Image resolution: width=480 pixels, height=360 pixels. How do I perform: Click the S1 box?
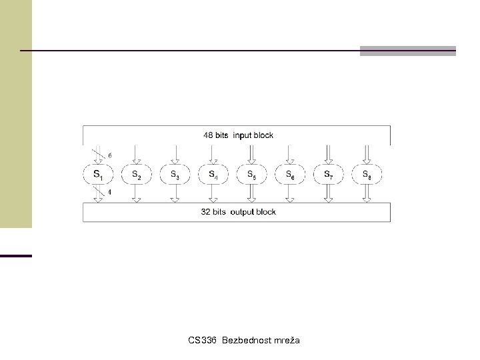coord(98,175)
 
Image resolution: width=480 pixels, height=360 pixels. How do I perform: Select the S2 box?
coord(136,175)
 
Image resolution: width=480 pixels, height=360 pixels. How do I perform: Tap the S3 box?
coord(174,175)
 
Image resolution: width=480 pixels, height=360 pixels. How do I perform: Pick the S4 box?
coord(213,175)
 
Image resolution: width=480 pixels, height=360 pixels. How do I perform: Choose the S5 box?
coord(251,175)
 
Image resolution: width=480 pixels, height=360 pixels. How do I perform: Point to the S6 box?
coord(289,175)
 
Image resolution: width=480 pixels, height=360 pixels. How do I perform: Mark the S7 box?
coord(328,175)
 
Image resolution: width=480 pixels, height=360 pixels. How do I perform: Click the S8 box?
coord(366,175)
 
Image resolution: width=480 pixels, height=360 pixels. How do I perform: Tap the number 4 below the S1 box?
coord(109,193)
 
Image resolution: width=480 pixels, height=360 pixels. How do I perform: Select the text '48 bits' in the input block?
coord(216,135)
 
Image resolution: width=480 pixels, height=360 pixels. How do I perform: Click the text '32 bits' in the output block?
coord(214,212)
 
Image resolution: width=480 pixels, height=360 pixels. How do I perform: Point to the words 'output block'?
coord(254,212)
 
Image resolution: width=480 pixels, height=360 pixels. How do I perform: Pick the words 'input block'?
coord(253,135)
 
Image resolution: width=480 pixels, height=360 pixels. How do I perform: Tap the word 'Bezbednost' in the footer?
coord(244,341)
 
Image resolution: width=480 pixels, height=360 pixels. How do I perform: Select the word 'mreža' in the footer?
coord(285,341)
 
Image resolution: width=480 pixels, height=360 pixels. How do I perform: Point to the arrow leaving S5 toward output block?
coord(251,194)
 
